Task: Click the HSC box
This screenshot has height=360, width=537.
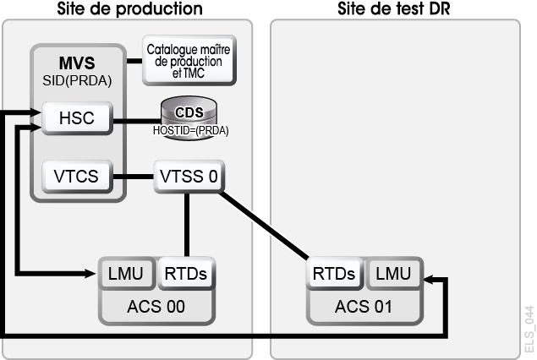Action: click(77, 118)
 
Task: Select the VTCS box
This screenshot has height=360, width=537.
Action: click(77, 177)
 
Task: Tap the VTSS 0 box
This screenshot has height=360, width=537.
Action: click(189, 177)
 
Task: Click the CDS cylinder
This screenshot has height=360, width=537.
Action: click(189, 118)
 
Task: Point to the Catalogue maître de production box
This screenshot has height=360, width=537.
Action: click(189, 60)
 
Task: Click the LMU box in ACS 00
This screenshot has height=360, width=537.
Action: click(126, 274)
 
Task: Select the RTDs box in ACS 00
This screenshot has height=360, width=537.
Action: click(186, 274)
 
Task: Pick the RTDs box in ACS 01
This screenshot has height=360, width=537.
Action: click(334, 274)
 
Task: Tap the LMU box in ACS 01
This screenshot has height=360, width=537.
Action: click(394, 274)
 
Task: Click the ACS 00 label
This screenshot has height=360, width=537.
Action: click(156, 307)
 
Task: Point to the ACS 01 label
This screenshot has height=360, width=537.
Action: click(364, 307)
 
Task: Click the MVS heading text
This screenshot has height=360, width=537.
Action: click(77, 63)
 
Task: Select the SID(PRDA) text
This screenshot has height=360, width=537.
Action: click(77, 81)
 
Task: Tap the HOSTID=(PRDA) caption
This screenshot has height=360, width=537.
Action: click(191, 130)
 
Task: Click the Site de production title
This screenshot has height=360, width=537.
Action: click(129, 8)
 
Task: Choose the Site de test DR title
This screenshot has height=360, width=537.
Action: click(394, 8)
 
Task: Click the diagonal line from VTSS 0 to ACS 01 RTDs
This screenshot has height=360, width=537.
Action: click(264, 226)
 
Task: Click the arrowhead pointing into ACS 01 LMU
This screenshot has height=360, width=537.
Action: click(429, 280)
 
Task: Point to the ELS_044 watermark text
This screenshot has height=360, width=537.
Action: click(529, 330)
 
